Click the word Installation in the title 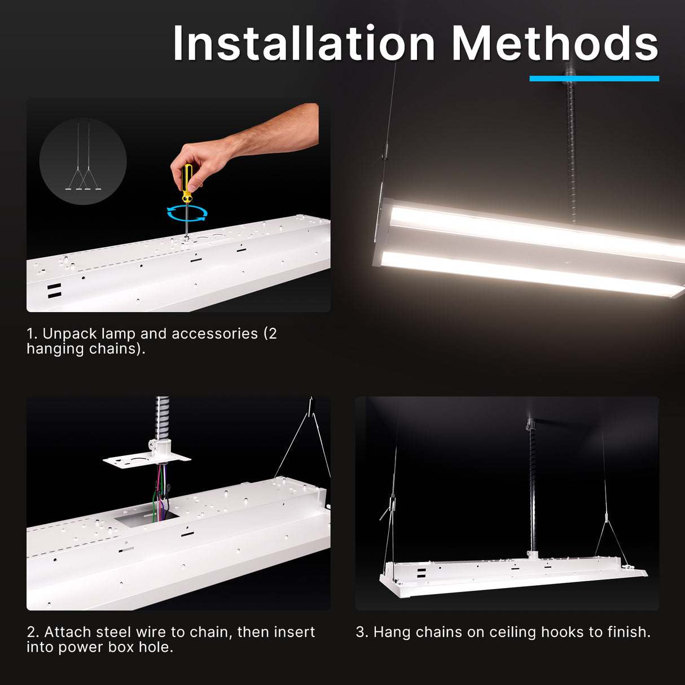[x=304, y=44]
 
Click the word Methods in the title [x=555, y=44]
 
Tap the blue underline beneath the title [x=594, y=78]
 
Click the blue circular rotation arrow [x=187, y=213]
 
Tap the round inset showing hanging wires [x=83, y=161]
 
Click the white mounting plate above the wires [x=146, y=460]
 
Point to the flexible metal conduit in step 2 [x=163, y=418]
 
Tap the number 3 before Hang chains [x=360, y=632]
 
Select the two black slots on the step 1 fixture [x=54, y=291]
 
